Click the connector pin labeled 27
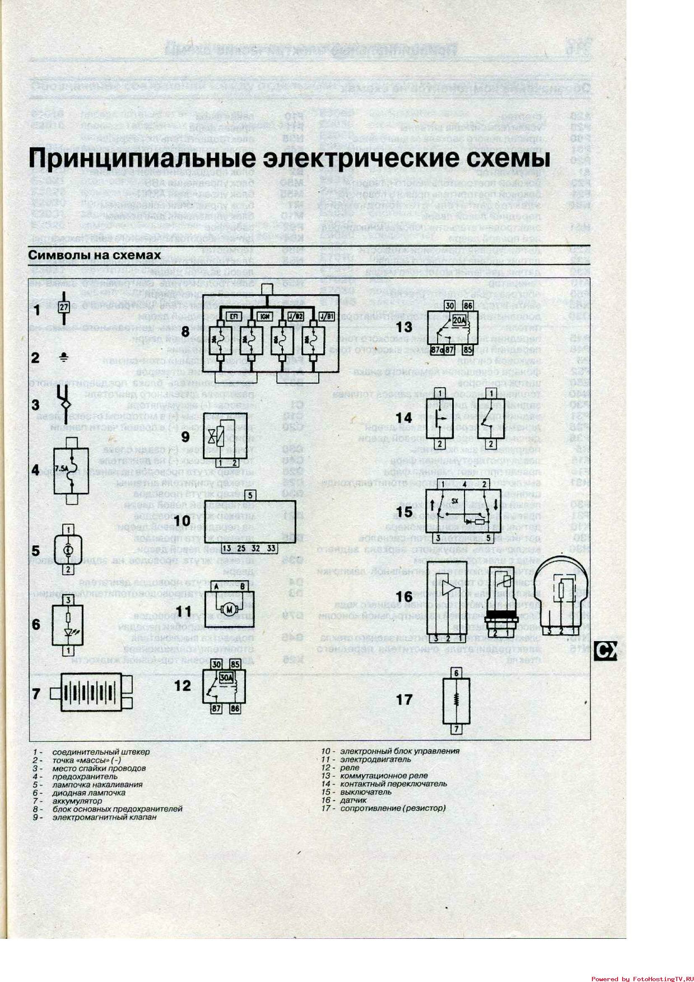pos(63,307)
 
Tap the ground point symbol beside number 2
pos(63,358)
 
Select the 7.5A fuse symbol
pos(71,471)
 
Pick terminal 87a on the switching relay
pos(437,349)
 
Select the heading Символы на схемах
pos(94,255)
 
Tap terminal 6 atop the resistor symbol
pos(456,673)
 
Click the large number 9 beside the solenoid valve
pos(185,437)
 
